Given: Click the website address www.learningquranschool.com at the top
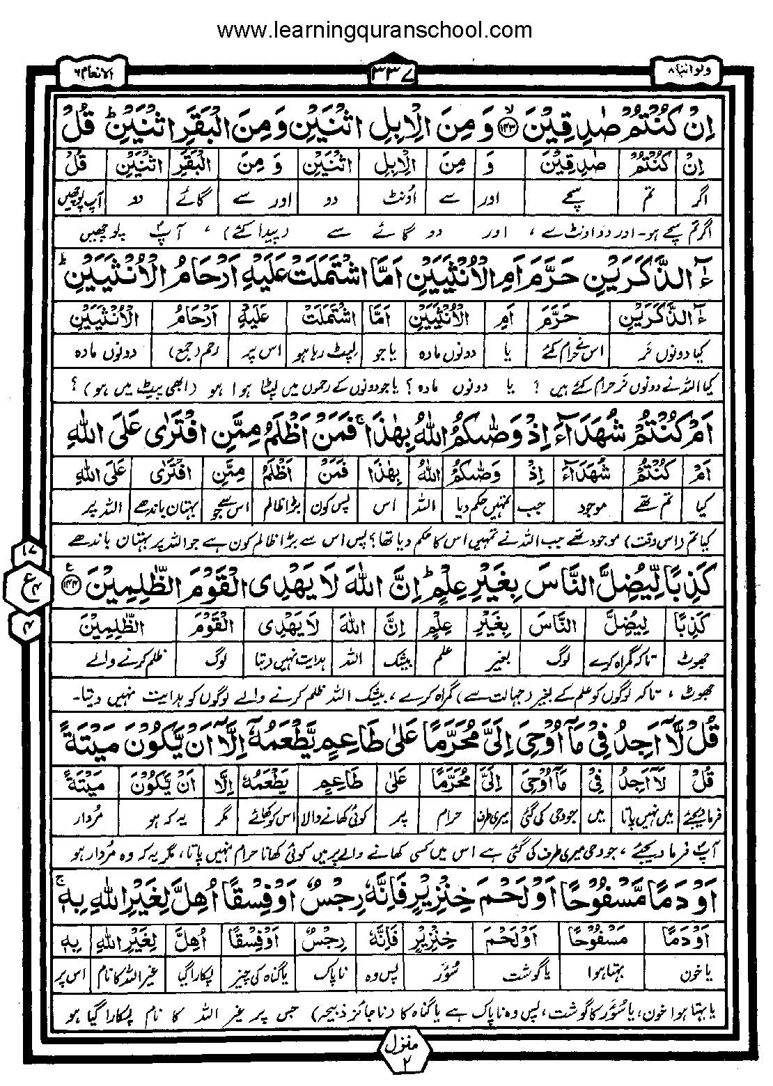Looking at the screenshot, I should point(375,30).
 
